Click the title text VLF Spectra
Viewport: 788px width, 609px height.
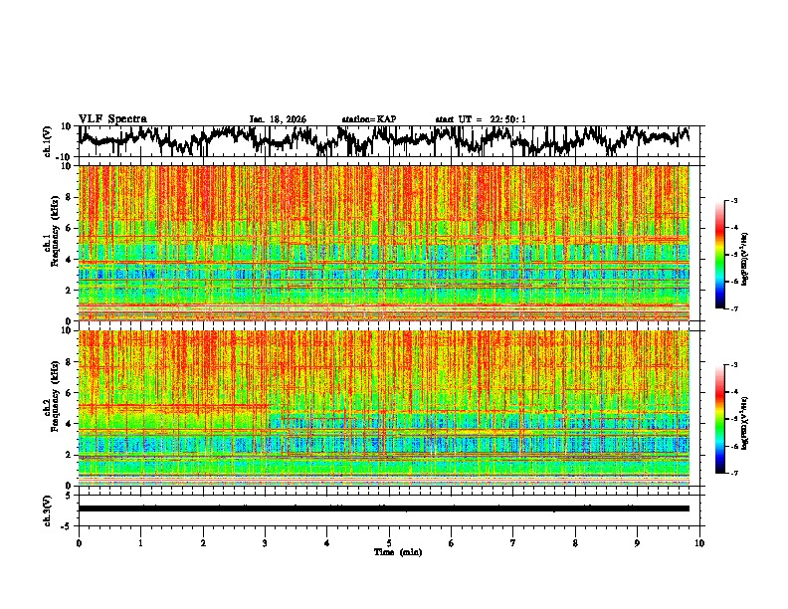click(112, 118)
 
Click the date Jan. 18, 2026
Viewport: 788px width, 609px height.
click(278, 119)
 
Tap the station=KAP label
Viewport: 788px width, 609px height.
click(369, 119)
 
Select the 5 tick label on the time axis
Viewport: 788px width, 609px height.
click(389, 543)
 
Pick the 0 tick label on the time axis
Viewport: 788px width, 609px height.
click(79, 543)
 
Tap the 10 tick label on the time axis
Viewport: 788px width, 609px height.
click(699, 543)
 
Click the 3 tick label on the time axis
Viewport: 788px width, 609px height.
click(265, 543)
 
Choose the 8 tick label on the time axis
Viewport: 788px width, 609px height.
click(575, 543)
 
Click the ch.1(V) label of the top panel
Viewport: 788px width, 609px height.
click(49, 141)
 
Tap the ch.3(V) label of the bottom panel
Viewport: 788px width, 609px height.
click(49, 508)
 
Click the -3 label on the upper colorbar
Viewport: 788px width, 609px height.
click(735, 201)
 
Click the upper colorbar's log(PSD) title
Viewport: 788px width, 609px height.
click(758, 255)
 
